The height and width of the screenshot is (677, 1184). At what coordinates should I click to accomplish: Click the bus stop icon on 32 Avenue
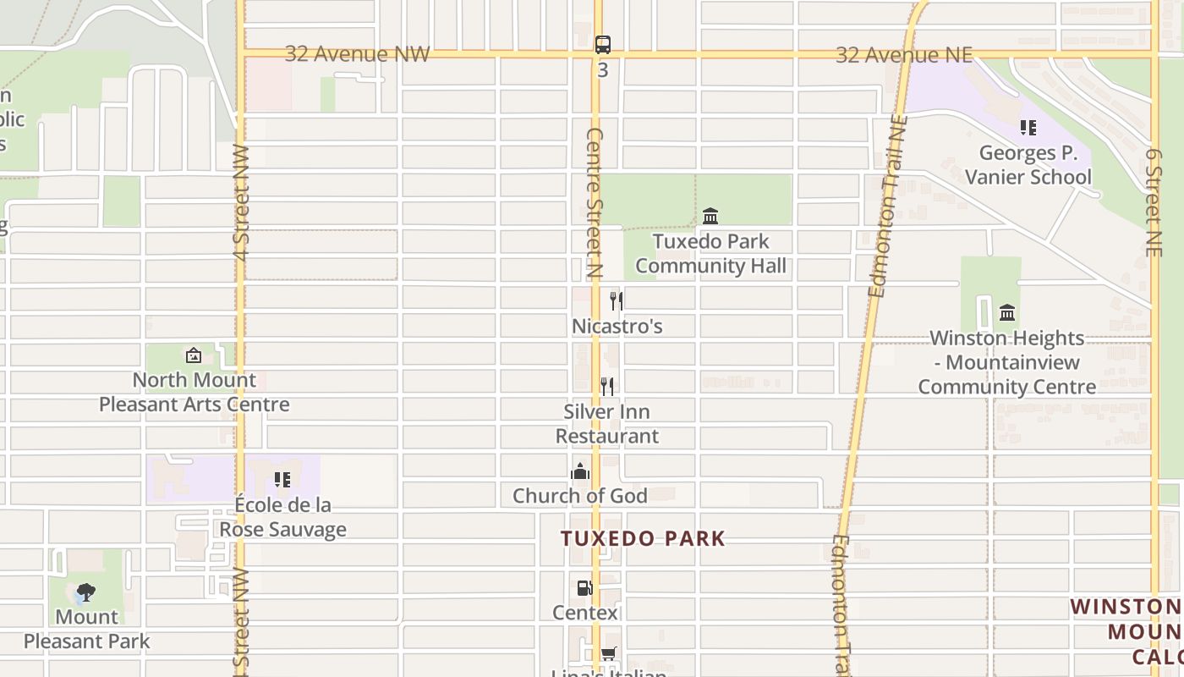602,45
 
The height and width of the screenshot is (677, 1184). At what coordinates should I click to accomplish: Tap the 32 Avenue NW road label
357,54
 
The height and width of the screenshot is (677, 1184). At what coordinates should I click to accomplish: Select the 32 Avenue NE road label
903,55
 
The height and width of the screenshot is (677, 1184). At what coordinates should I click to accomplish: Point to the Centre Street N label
594,203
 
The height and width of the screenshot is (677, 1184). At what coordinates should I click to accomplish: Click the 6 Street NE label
1154,203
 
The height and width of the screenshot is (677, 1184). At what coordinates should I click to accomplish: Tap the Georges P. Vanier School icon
1028,128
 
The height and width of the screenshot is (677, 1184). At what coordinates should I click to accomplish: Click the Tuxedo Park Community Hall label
710,253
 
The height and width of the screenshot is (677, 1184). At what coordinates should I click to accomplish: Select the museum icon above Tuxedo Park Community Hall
710,217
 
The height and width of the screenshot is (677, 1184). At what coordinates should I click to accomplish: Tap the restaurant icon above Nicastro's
617,300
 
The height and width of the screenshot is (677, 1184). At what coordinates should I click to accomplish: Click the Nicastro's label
617,327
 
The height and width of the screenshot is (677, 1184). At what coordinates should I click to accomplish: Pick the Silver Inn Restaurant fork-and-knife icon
607,386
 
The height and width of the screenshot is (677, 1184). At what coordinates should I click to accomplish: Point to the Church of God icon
580,471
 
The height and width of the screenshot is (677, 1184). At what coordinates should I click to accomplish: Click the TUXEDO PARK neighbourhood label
643,539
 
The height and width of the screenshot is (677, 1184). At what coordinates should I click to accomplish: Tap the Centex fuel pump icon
584,587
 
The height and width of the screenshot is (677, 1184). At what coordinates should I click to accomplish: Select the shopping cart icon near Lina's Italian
608,653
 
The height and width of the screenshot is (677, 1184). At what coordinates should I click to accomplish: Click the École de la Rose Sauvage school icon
282,480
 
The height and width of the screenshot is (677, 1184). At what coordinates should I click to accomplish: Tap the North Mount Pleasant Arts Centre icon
194,355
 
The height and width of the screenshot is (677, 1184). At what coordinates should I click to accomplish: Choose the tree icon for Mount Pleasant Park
85,592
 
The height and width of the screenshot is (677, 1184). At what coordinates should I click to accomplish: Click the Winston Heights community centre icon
1006,313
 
